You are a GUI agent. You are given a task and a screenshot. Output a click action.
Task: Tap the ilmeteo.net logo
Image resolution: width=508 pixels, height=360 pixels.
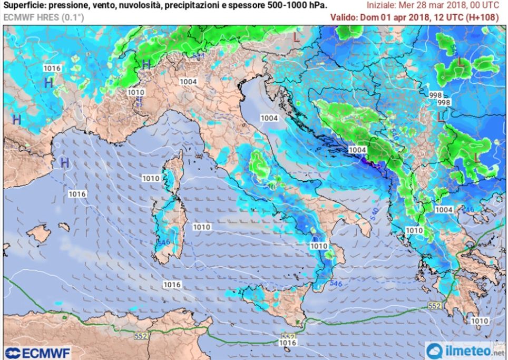465,350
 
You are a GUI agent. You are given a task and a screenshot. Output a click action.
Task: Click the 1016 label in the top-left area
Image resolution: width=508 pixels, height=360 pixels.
52,69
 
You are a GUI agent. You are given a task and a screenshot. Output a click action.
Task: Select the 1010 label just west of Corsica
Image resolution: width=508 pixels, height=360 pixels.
151,179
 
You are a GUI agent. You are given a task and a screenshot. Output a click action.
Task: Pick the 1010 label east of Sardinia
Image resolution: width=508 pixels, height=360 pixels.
202,227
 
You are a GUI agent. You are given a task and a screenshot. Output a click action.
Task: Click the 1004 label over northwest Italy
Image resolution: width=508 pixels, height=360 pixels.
188,82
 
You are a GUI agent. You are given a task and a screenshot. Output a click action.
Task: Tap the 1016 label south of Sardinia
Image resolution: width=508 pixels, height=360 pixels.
172,285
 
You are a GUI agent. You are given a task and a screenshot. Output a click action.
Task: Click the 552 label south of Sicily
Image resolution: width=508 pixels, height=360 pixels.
288,336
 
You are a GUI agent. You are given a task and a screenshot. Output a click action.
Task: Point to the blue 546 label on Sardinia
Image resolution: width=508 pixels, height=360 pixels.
163,242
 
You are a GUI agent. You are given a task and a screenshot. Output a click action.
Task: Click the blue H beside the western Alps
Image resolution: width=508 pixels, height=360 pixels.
146,64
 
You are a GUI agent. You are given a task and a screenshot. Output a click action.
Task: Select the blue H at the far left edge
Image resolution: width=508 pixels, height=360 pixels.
16,120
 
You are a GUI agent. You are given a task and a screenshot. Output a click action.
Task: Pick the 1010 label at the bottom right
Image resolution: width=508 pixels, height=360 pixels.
478,321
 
